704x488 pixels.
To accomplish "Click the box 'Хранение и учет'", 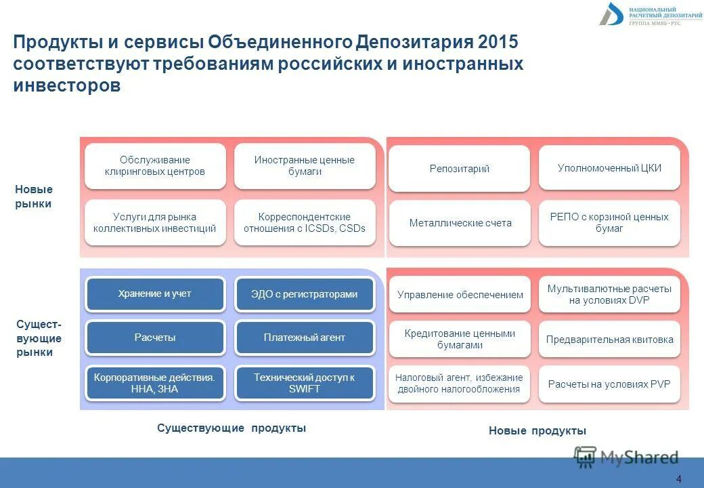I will click(x=155, y=294).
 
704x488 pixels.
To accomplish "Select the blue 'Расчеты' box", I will click(x=155, y=338).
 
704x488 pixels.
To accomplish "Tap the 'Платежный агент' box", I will click(x=304, y=338).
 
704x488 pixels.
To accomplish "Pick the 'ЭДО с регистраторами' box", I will click(x=304, y=294).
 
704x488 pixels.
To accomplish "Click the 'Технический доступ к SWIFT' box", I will click(x=304, y=384).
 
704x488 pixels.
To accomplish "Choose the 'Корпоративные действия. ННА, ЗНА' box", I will click(x=155, y=384).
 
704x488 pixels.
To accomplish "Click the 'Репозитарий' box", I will click(x=459, y=169).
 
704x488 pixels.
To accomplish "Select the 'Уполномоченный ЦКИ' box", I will click(x=609, y=167).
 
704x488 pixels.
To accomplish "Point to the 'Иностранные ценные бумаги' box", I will click(x=304, y=166).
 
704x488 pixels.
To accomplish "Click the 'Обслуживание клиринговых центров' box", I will click(x=155, y=166).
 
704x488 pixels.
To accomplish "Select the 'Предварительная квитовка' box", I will click(x=609, y=340).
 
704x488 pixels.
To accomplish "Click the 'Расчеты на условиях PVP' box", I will click(x=609, y=384).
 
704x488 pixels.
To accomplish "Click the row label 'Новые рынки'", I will click(x=34, y=197).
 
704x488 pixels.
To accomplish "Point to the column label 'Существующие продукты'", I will click(x=232, y=428).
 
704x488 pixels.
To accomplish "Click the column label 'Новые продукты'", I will click(x=537, y=431).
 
